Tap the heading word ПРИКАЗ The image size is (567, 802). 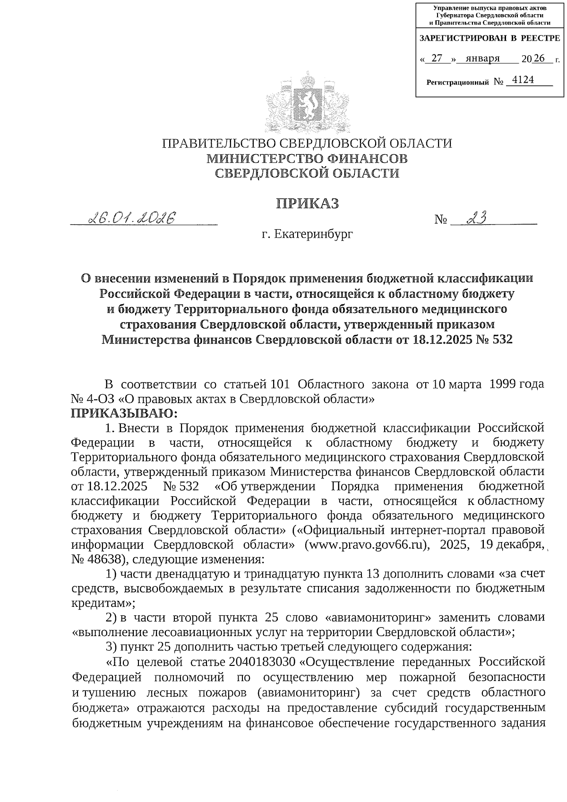point(307,204)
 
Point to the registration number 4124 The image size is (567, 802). point(523,80)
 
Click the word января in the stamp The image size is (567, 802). point(482,59)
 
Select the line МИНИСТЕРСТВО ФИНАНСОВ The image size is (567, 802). point(307,158)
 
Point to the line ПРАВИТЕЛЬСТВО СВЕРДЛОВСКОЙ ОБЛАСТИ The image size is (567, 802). point(307,143)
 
